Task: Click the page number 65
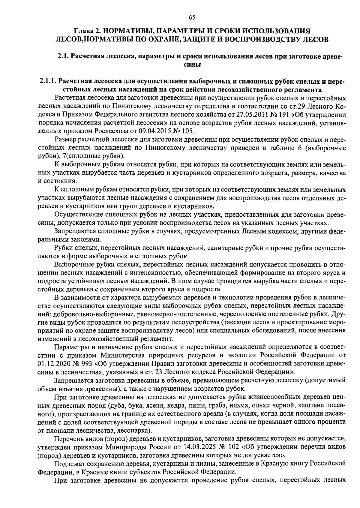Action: [x=192, y=17]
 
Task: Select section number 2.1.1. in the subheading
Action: [x=48, y=81]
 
